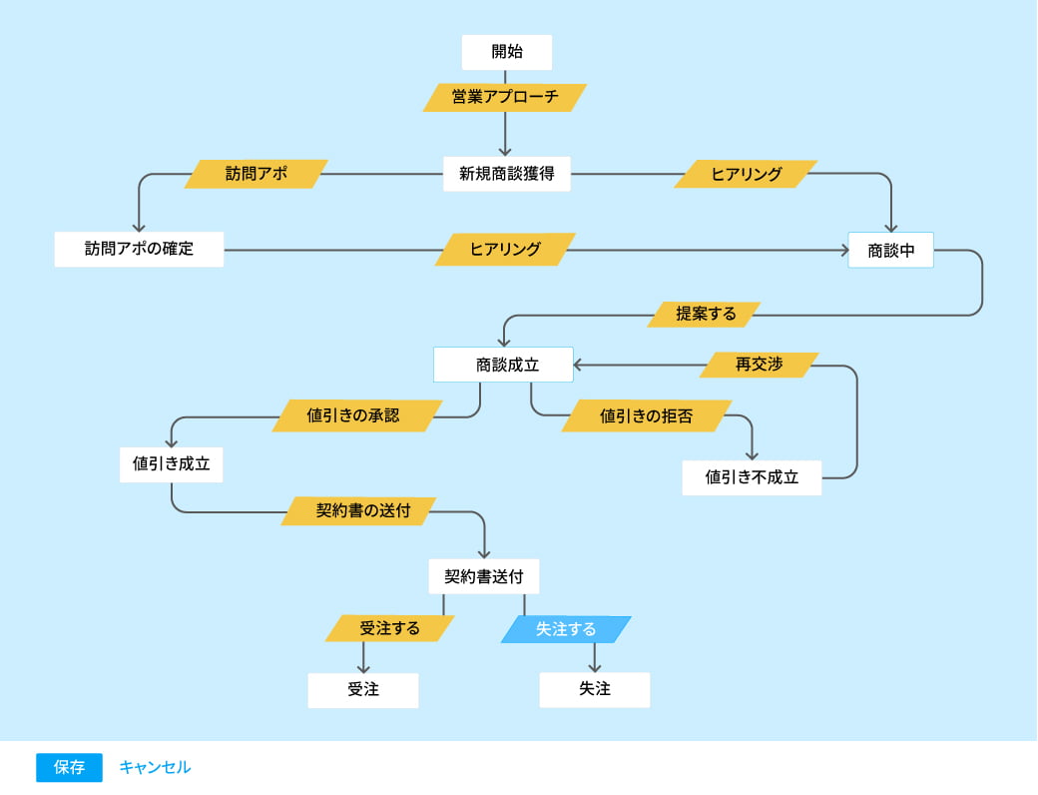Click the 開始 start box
pos(507,52)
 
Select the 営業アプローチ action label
pos(505,97)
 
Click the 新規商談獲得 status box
pos(507,174)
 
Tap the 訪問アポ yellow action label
pos(257,174)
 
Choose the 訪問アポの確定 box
pos(139,250)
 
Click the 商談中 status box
pos(890,251)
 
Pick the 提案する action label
pos(705,314)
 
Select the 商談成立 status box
pos(503,365)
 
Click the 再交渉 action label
pos(759,365)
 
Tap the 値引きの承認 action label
pos(357,415)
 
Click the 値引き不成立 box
pos(752,477)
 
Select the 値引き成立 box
pos(171,464)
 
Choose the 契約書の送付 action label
pos(359,510)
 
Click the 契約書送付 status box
pos(484,576)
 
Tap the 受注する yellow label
pos(389,628)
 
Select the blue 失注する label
pos(566,629)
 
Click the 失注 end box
pos(595,689)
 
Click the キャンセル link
pos(155,767)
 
